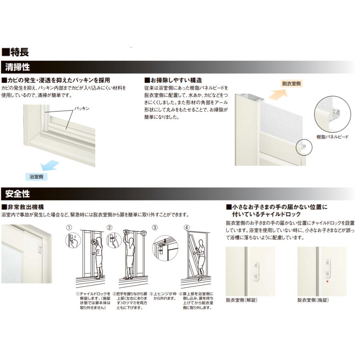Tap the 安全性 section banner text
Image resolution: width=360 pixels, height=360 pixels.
[x=18, y=194]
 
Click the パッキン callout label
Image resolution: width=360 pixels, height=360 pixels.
[x=82, y=108]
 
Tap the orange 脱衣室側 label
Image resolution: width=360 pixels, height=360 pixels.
[x=291, y=84]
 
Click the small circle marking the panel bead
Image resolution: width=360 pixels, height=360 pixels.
[x=303, y=148]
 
